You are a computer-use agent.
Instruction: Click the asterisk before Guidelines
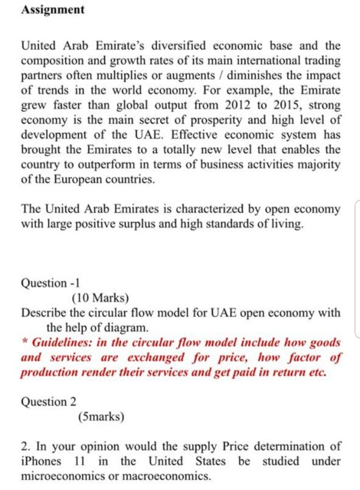25,341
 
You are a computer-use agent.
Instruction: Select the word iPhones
44,461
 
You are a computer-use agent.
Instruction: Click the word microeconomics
67,475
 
